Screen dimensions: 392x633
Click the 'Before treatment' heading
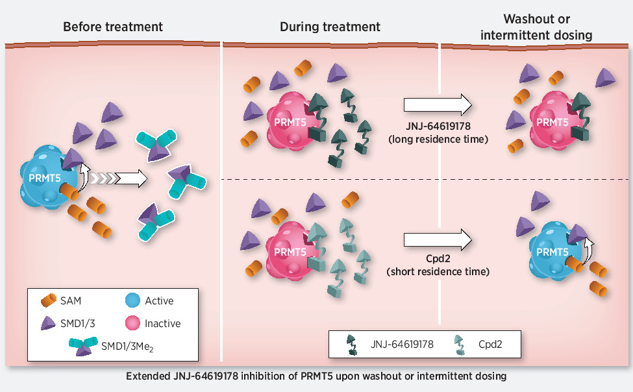[x=112, y=27]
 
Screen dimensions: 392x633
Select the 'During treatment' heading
[x=330, y=27]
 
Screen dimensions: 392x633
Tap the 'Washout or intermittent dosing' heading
[x=538, y=27]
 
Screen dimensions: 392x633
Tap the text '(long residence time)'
[x=440, y=139]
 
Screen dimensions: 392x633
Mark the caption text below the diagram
[x=316, y=376]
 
